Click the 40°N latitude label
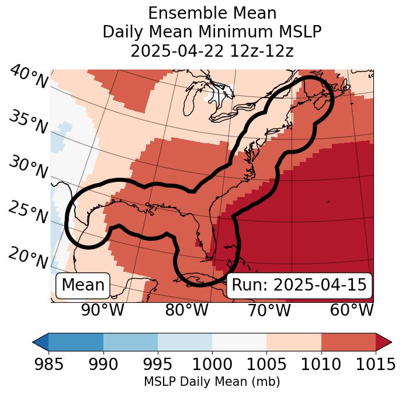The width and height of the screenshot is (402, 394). tap(28, 78)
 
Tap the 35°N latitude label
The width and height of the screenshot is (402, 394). tap(28, 122)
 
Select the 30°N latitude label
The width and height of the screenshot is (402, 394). tap(28, 168)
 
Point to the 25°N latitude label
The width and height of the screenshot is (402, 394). tap(28, 213)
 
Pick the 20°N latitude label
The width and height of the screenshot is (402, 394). tap(28, 258)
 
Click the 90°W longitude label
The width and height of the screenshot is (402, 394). tap(102, 310)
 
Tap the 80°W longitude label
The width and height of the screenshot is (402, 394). tap(186, 310)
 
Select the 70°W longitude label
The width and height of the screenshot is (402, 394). tap(269, 310)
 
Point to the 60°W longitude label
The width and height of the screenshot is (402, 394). tap(352, 310)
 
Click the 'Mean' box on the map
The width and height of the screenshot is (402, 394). tap(83, 285)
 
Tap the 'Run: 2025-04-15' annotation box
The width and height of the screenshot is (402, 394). tap(299, 285)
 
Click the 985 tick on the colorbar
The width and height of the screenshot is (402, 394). tap(48, 365)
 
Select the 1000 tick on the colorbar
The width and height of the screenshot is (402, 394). tap(212, 365)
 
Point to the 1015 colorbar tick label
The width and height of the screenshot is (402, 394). tap(375, 365)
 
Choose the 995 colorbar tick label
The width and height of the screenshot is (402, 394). tap(157, 365)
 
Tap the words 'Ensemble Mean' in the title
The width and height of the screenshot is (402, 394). tap(212, 13)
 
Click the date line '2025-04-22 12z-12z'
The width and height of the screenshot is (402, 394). tap(212, 51)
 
